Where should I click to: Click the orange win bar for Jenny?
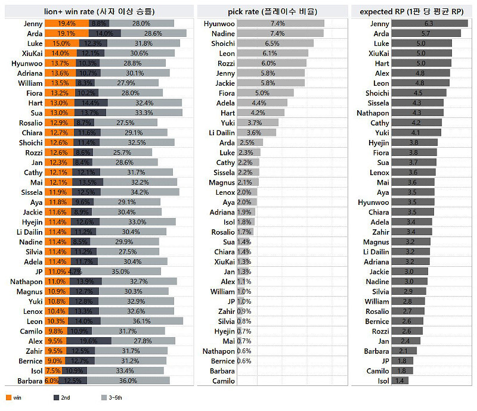[66, 23]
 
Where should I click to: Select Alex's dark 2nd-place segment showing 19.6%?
[89, 341]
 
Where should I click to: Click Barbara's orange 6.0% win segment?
[51, 381]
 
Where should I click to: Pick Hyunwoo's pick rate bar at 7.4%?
[280, 23]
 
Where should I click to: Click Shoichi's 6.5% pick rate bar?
[275, 43]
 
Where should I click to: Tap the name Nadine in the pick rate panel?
[223, 33]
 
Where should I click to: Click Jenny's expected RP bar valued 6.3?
[429, 23]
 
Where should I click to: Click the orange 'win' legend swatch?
[8, 397]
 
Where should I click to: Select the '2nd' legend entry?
[61, 397]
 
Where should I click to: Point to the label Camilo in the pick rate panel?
[224, 381]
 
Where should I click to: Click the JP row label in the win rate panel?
[37, 272]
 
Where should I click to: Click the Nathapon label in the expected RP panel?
[373, 113]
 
